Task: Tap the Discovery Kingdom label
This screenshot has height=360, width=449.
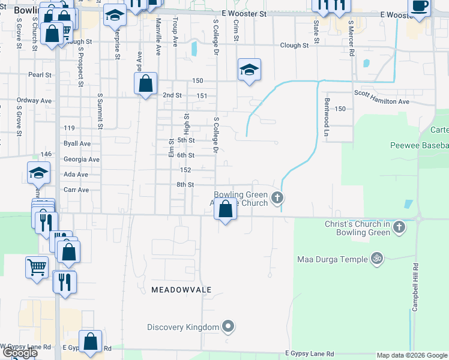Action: (x=184, y=327)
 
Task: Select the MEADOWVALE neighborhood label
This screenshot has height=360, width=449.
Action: (x=173, y=289)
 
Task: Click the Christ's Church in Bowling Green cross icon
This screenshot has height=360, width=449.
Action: (x=400, y=227)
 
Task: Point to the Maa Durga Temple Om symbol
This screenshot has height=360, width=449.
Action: (x=377, y=259)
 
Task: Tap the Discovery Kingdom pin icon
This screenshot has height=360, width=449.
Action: (x=228, y=327)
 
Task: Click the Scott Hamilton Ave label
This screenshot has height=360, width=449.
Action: (x=381, y=101)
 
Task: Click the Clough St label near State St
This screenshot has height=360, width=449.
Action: (x=294, y=45)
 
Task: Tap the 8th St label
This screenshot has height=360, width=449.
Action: (x=185, y=185)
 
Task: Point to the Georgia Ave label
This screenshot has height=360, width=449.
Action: (x=82, y=160)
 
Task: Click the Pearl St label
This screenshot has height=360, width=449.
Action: (x=38, y=75)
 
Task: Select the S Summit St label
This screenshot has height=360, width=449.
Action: (x=100, y=112)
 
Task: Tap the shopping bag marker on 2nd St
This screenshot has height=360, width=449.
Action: (x=146, y=83)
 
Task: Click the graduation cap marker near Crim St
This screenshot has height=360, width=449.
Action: (x=249, y=70)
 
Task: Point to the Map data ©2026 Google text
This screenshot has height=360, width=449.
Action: (x=412, y=355)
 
